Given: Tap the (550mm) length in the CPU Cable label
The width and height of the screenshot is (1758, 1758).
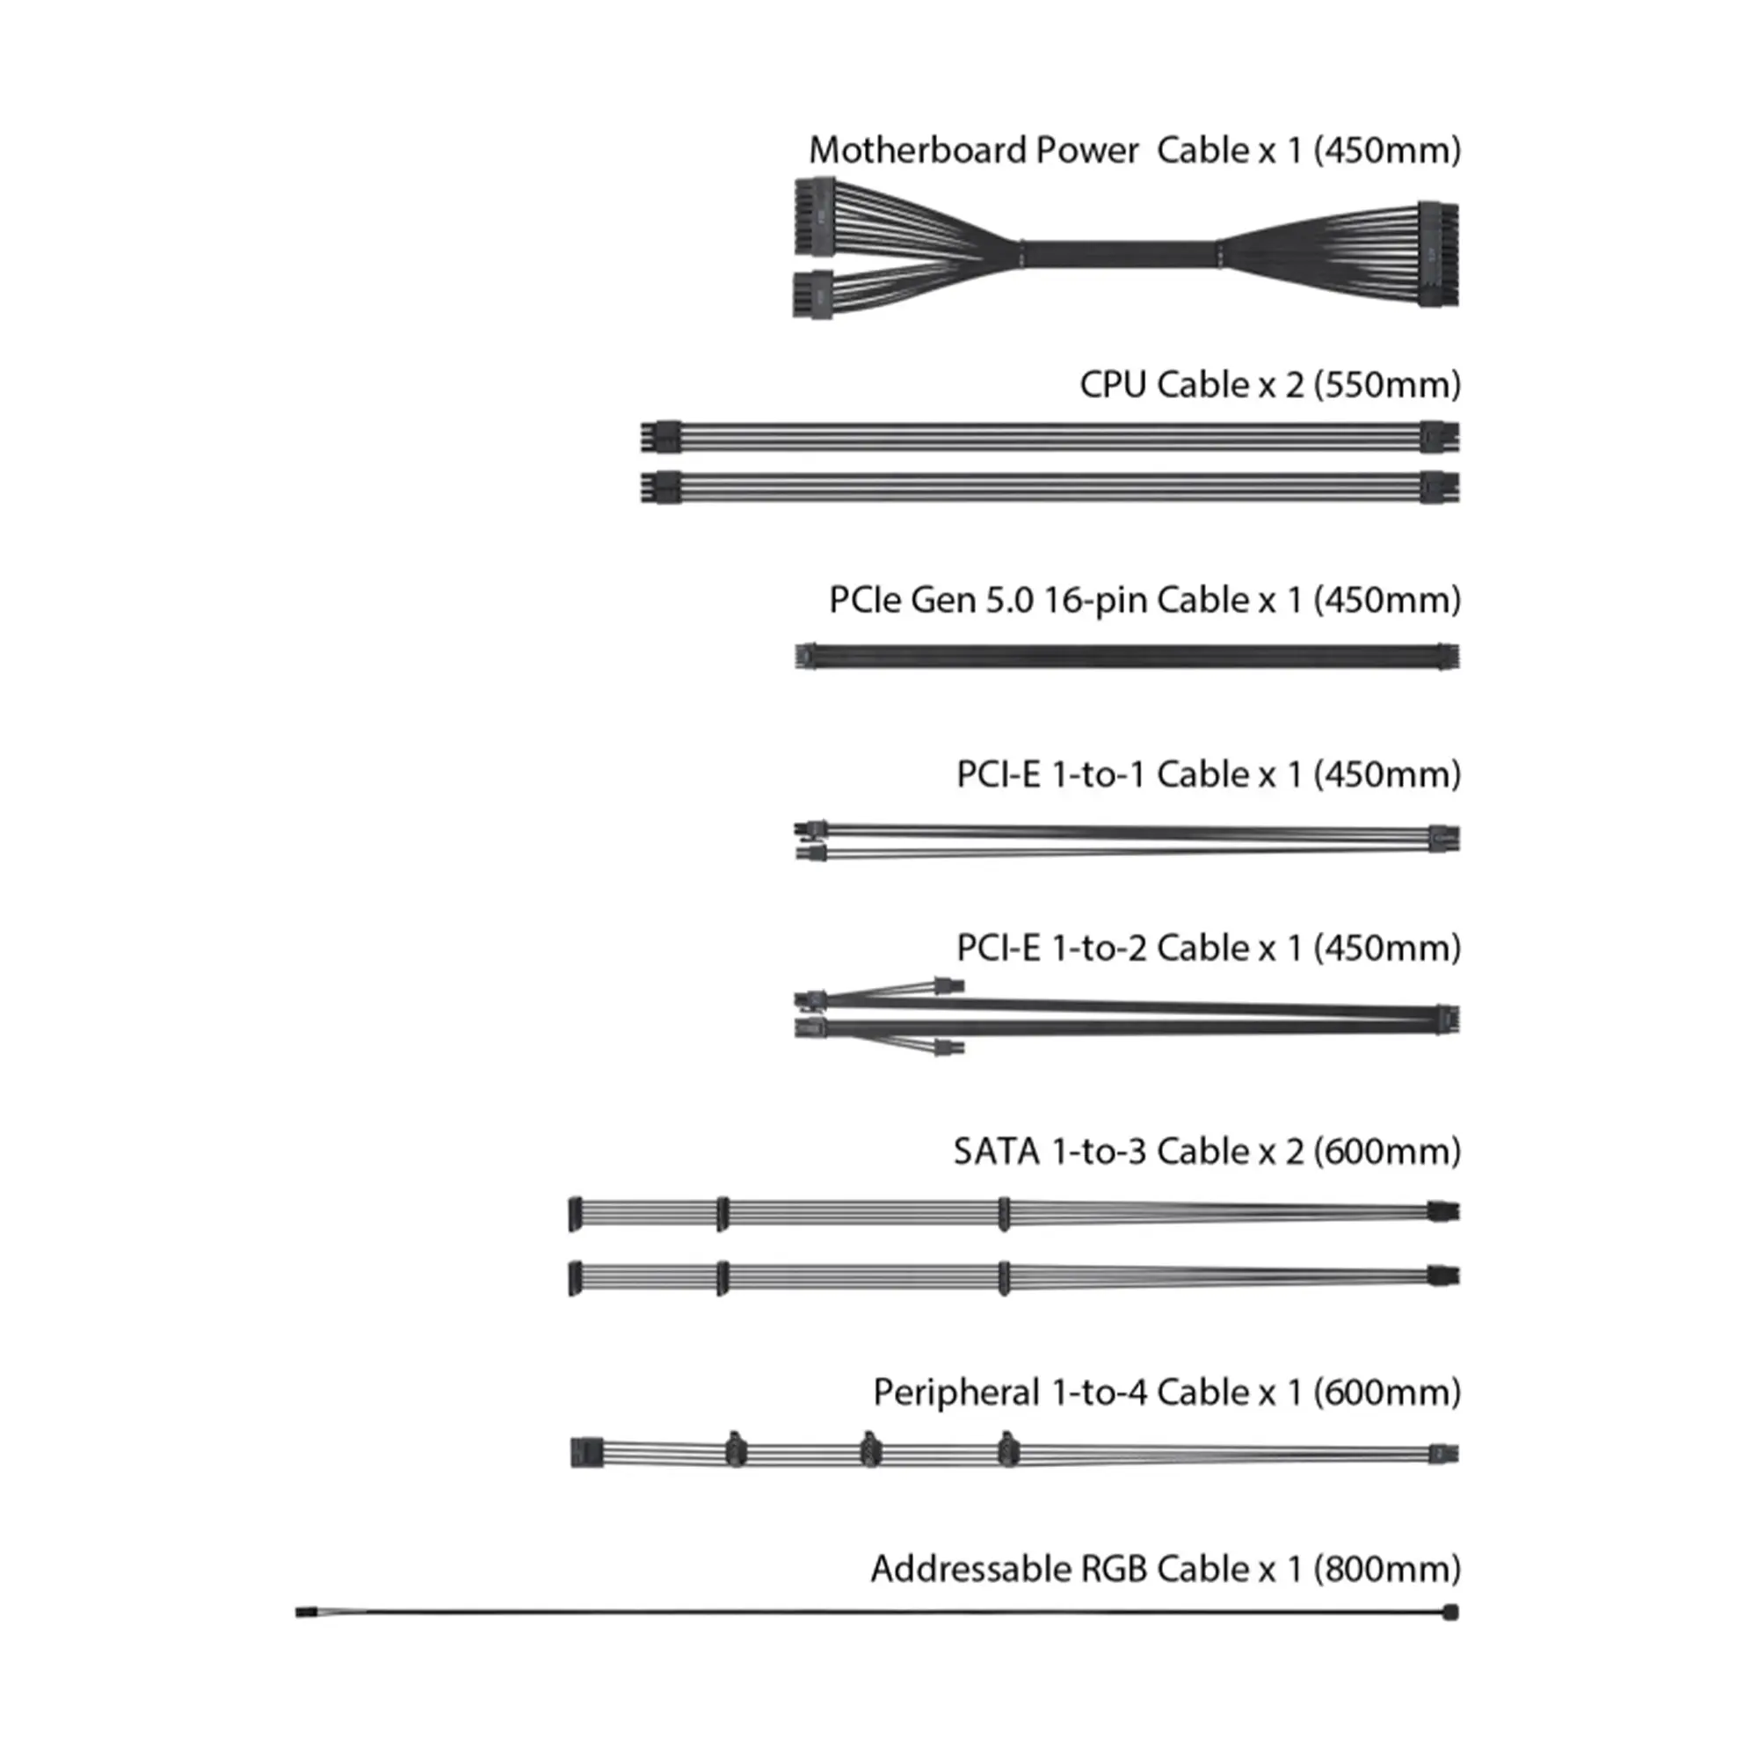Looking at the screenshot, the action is pyautogui.click(x=1388, y=385).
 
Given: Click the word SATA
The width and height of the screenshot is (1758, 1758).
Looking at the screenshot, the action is pyautogui.click(x=997, y=1152).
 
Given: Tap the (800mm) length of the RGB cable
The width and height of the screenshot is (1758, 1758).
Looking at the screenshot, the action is pyautogui.click(x=1388, y=1570).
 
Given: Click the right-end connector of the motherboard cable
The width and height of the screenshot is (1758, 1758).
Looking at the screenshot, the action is pyautogui.click(x=1438, y=254).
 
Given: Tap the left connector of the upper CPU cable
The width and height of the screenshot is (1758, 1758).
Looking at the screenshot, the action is pyautogui.click(x=661, y=436).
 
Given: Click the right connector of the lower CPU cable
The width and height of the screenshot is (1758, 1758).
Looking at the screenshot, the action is pyautogui.click(x=1440, y=487).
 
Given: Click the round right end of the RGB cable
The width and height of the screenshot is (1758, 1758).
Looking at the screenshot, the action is pyautogui.click(x=1450, y=1612).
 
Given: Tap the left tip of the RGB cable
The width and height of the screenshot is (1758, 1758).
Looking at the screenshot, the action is pyautogui.click(x=298, y=1612).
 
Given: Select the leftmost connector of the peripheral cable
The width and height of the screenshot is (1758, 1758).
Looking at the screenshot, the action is pyautogui.click(x=587, y=1452).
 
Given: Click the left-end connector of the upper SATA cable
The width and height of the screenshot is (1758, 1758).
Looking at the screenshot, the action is pyautogui.click(x=575, y=1214).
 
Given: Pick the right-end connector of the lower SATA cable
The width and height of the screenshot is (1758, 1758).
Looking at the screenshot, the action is pyautogui.click(x=1443, y=1275).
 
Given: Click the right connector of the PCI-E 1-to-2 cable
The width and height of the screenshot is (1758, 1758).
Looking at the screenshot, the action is pyautogui.click(x=1447, y=1018).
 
